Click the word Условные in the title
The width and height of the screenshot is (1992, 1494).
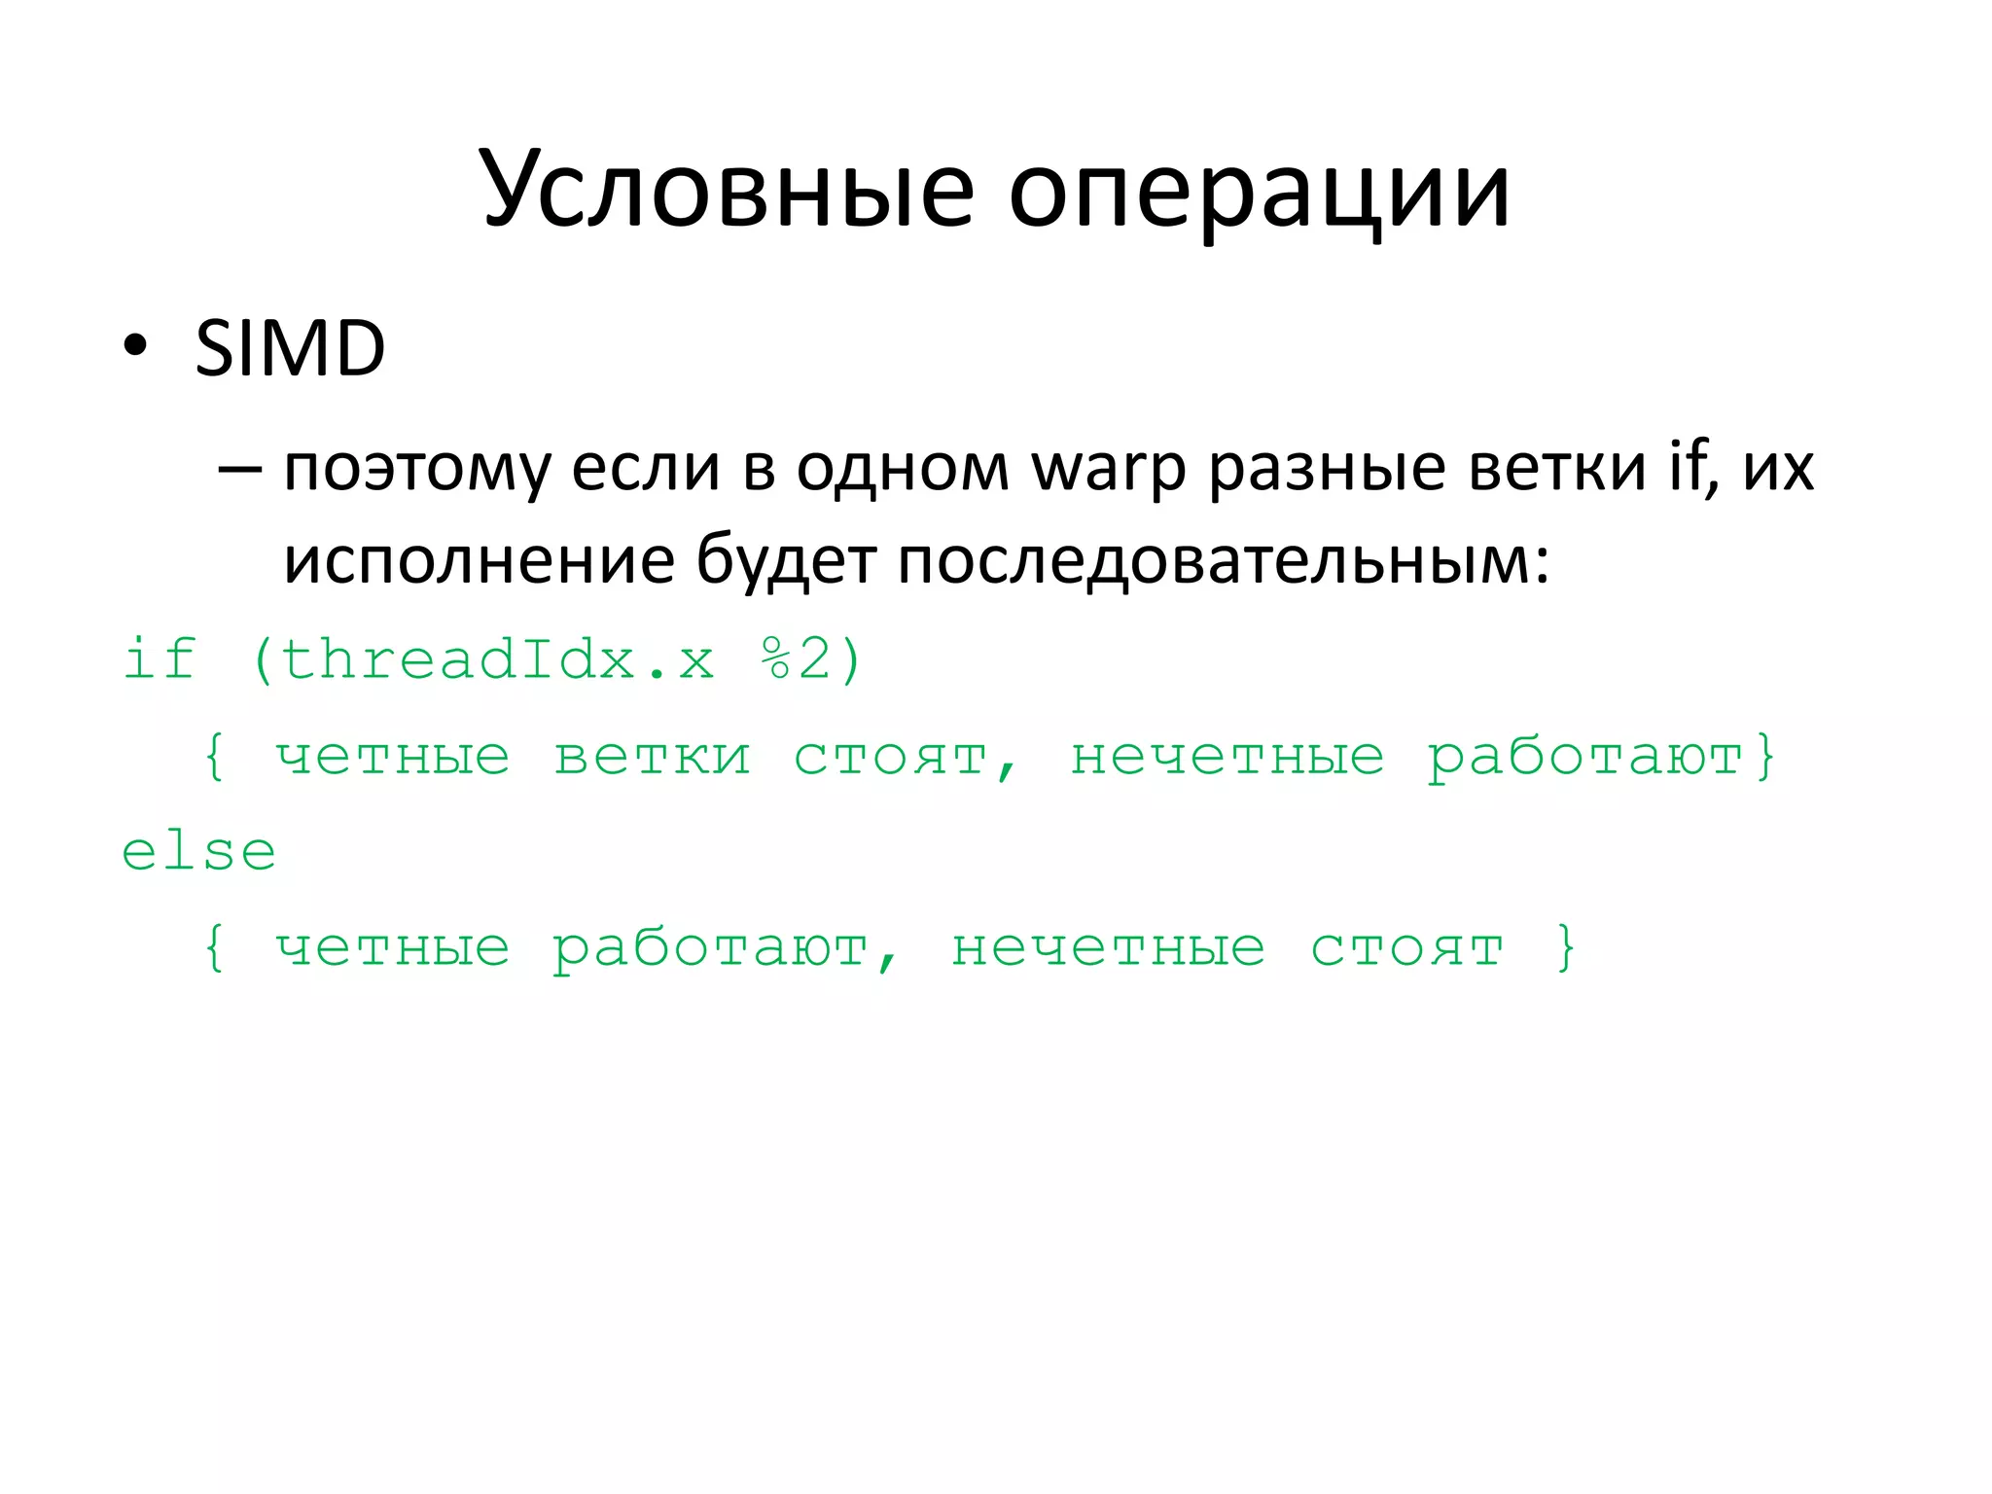point(728,190)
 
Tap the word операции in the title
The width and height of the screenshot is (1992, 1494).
point(1259,195)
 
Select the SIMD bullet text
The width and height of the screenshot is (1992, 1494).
point(290,348)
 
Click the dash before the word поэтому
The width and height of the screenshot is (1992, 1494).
point(239,469)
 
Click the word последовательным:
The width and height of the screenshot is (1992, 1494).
point(1224,562)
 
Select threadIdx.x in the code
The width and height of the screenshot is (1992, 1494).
point(497,658)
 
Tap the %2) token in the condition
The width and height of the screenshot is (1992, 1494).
point(811,658)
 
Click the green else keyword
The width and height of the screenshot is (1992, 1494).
point(199,852)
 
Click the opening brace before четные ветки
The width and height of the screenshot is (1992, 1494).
point(215,757)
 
